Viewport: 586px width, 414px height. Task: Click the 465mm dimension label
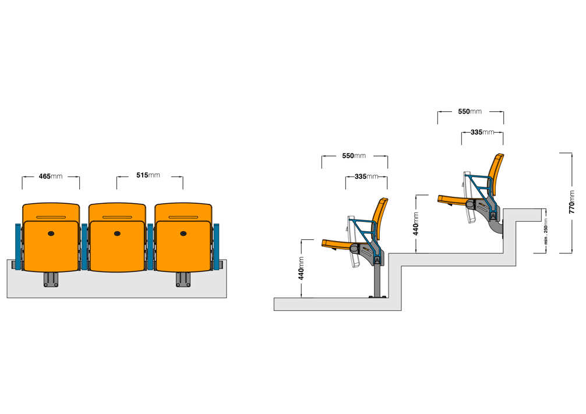point(51,176)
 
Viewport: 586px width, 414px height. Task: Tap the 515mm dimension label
point(148,175)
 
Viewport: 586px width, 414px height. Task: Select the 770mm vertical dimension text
point(571,202)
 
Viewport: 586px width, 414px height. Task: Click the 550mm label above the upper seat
point(469,111)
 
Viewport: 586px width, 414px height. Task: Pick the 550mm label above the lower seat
point(354,155)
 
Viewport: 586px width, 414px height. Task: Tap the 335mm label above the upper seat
point(482,132)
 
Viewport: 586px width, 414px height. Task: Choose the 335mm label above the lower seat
point(366,176)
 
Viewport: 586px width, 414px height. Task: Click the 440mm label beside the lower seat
point(301,268)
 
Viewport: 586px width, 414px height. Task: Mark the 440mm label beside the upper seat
point(415,224)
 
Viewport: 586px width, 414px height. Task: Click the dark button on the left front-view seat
point(51,233)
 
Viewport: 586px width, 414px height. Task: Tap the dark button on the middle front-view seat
point(117,233)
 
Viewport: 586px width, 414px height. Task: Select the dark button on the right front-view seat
point(183,233)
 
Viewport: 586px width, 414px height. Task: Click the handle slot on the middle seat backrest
point(117,217)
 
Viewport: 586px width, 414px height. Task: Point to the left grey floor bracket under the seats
point(51,279)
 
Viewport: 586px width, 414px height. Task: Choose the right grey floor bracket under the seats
point(183,279)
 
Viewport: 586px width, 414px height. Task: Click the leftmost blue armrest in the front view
point(18,247)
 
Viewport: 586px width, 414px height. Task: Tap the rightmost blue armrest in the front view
point(216,247)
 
